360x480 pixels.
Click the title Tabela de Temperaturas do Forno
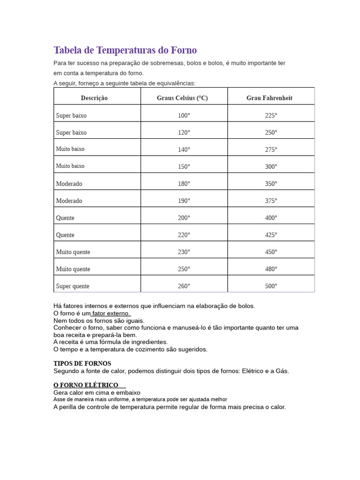125,50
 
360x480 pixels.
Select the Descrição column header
94,98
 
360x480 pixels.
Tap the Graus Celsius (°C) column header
182,98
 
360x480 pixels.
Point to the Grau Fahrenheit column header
270,98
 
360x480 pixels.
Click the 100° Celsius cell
184,115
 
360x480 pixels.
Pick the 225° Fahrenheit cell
271,115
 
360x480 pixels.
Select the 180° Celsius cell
184,184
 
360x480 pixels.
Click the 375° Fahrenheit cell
271,201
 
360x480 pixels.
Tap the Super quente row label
73,286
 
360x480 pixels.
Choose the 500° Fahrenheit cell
271,286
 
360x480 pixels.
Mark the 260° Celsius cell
184,286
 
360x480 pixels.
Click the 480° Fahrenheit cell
271,269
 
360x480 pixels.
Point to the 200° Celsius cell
184,218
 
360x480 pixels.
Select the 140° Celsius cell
184,150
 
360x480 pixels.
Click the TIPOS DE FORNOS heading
82,363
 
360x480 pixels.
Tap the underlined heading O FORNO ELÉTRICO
86,385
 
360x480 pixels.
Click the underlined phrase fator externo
111,313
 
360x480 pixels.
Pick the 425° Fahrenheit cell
271,235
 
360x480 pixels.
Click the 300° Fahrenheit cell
271,166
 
